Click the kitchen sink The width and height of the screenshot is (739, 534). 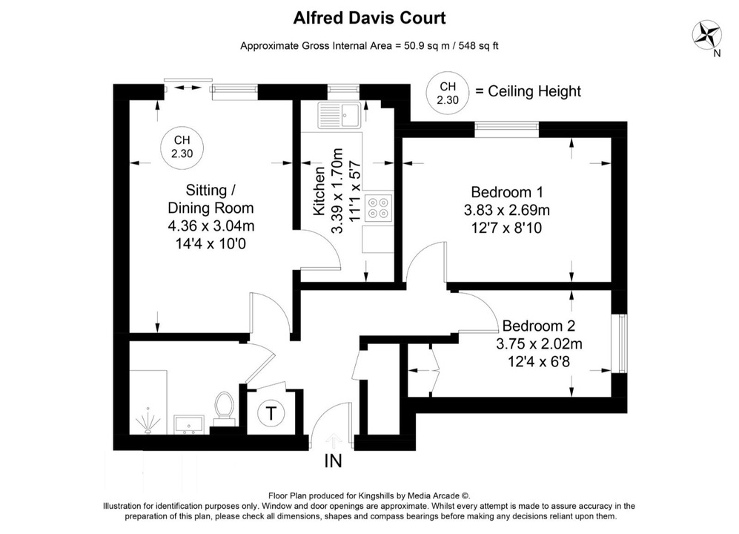pyautogui.click(x=338, y=115)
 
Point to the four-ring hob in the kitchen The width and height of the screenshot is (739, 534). pyautogui.click(x=380, y=208)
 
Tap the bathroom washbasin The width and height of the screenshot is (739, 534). pyautogui.click(x=189, y=425)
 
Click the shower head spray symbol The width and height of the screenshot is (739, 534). pyautogui.click(x=149, y=423)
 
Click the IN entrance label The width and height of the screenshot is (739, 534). pyautogui.click(x=333, y=461)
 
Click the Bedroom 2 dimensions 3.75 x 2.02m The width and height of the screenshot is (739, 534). pyautogui.click(x=539, y=343)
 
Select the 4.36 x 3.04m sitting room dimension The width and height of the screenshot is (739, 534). pyautogui.click(x=211, y=225)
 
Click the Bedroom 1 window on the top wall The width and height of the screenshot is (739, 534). pyautogui.click(x=507, y=128)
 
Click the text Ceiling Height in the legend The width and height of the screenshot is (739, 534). pyautogui.click(x=528, y=92)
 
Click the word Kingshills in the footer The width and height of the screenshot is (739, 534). pyautogui.click(x=374, y=496)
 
